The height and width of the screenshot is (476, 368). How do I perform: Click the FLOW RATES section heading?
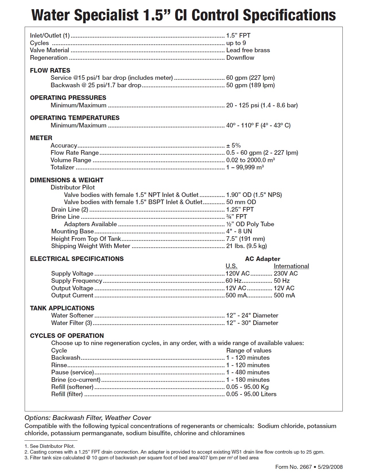coord(50,70)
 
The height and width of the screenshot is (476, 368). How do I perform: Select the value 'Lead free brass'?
coord(248,50)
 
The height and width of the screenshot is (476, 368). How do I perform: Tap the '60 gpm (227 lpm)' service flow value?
coord(250,78)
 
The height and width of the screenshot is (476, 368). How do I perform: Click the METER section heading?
coord(41,138)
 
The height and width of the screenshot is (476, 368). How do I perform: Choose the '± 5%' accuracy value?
coord(233,146)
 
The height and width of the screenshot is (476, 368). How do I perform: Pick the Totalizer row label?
coord(63,167)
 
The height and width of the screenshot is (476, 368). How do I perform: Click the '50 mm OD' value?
coord(241,202)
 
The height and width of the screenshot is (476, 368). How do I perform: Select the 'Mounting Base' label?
coord(72,231)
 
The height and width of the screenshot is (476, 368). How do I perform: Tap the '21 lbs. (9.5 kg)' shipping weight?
coord(246,246)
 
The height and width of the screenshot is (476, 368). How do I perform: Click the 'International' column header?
coord(291,266)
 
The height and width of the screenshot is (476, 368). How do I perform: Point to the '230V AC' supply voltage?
coord(286,274)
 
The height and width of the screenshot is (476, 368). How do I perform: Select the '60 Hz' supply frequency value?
coord(233,281)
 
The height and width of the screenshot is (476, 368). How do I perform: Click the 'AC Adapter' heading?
coord(262,259)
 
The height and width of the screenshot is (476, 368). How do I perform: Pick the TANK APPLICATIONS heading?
coord(62,308)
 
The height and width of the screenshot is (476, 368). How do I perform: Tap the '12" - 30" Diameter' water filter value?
coord(252,323)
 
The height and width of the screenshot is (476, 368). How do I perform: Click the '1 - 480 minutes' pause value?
coord(248,372)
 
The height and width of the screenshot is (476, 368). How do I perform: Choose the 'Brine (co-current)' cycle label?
coord(76,380)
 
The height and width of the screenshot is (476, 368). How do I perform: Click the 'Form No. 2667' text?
coord(293,467)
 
